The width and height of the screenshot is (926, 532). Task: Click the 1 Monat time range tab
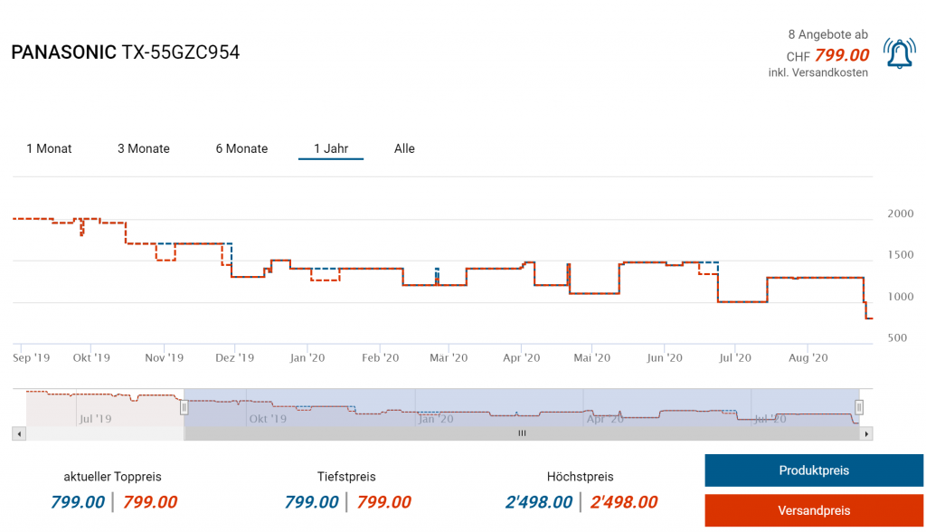coord(49,148)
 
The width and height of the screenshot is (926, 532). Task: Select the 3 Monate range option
coord(144,148)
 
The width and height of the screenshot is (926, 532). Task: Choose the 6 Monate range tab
coord(241,148)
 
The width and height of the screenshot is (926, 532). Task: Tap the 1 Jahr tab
coord(331,148)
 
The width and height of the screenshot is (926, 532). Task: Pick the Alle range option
coord(404,148)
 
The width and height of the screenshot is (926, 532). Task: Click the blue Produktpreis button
coord(814,470)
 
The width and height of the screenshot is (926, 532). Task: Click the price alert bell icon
coord(899,54)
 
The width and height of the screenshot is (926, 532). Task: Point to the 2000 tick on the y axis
coord(901,214)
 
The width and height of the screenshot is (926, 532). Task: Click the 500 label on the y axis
coord(898,338)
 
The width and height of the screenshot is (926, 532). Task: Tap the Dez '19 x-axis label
coord(235,358)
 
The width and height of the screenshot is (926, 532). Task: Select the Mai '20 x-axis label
coord(591,358)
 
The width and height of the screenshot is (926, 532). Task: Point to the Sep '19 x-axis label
coord(32,358)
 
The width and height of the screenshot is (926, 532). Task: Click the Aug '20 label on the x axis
coord(808,358)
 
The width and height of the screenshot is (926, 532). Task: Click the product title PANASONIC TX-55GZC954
coord(126,52)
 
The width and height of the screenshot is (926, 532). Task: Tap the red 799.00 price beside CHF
coord(842,56)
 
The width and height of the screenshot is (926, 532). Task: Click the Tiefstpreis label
coord(346,476)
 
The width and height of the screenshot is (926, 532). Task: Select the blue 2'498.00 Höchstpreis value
coord(539,502)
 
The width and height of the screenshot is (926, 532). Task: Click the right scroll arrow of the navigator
coord(867,434)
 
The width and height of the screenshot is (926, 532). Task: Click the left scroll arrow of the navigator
coord(18,434)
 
